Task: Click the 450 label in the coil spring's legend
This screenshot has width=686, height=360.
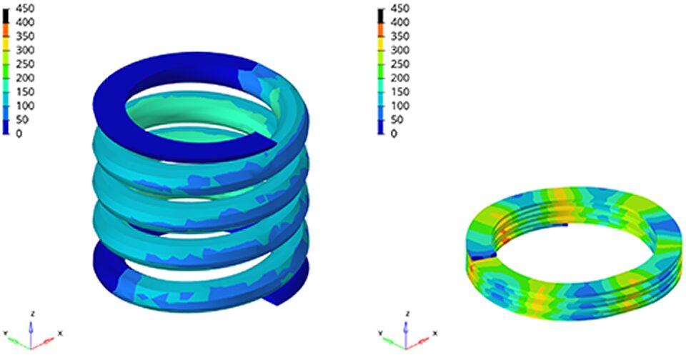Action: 24,9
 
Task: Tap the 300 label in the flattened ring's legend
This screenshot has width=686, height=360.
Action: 400,50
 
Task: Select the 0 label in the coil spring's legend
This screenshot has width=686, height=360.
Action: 19,134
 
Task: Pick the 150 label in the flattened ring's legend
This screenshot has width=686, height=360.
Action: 400,92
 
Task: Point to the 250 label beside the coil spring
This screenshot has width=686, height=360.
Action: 24,64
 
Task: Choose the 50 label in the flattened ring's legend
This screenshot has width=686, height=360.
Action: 397,119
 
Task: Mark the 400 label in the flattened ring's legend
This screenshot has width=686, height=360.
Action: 400,22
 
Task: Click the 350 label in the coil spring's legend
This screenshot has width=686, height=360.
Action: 24,36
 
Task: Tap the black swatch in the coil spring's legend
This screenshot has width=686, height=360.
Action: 6,16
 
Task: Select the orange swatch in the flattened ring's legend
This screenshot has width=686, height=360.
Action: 382,30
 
